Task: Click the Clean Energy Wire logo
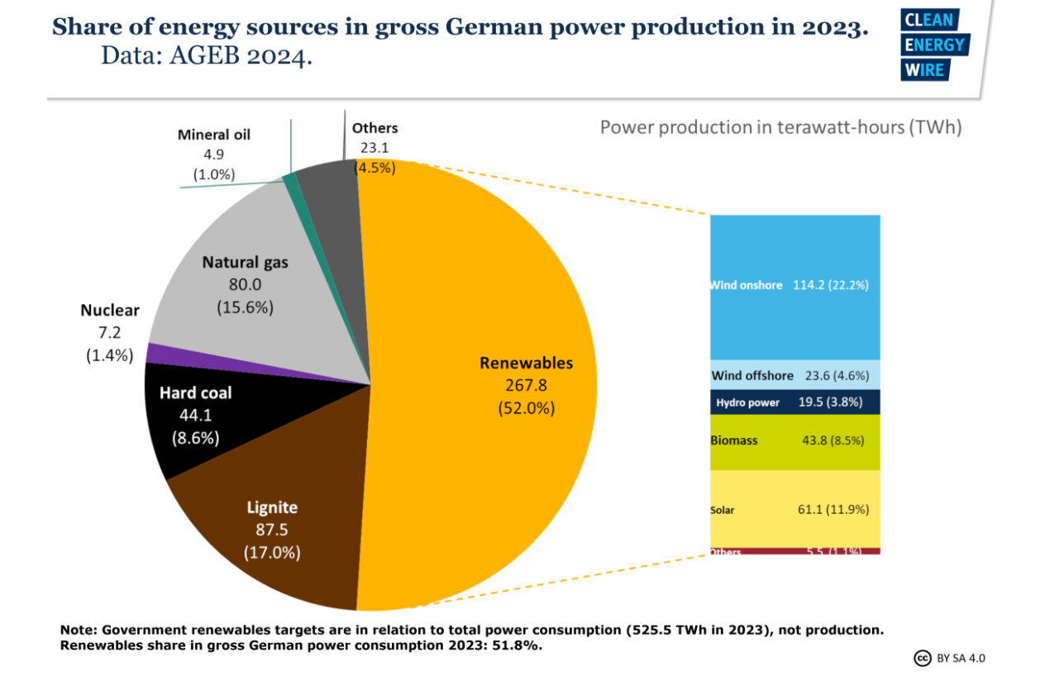point(935,46)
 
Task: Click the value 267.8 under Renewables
point(526,385)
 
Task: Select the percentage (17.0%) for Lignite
point(272,553)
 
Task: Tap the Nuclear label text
point(110,311)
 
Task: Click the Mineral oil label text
point(214,135)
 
